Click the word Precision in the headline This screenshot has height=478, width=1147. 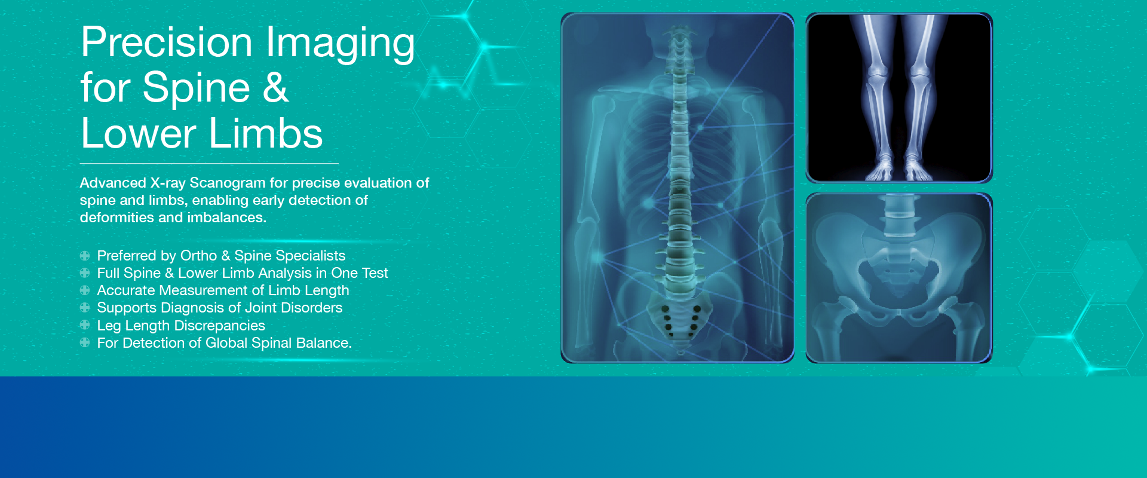(167, 43)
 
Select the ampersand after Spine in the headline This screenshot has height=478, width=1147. (275, 88)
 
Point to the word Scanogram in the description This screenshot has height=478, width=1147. (228, 183)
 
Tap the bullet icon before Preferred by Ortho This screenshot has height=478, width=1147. (85, 256)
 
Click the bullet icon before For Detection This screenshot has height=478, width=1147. (85, 343)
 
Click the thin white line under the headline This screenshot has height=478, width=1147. (209, 163)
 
